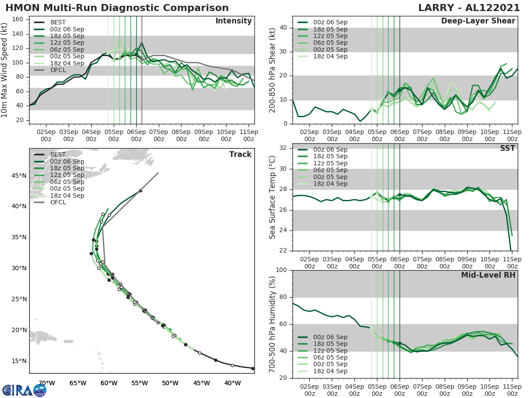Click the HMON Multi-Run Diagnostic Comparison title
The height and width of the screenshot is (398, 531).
tap(117, 8)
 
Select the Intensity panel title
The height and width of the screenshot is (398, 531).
tap(233, 21)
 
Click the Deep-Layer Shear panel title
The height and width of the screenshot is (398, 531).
tap(478, 21)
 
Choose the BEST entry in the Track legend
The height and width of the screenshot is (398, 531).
tap(58, 154)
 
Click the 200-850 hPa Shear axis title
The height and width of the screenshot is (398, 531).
tap(273, 70)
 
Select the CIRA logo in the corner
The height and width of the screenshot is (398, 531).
tap(24, 390)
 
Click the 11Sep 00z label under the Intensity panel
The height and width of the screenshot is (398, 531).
tap(249, 135)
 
